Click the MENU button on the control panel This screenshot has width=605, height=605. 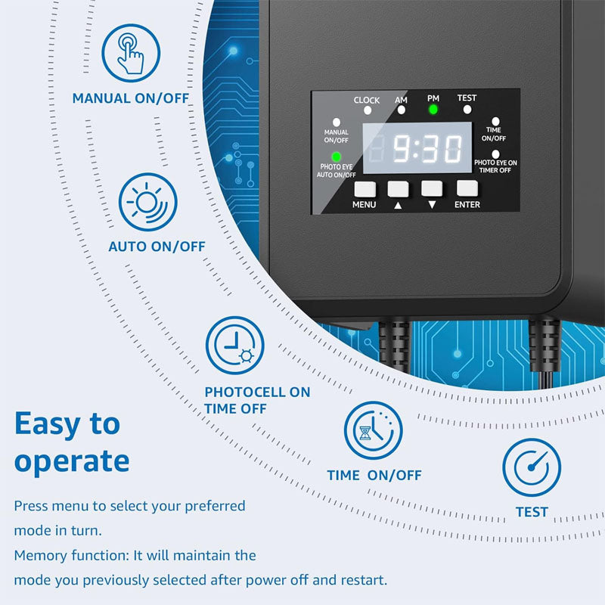[x=365, y=188]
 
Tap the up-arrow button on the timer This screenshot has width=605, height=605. [x=398, y=188]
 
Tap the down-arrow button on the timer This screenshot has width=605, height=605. [x=431, y=188]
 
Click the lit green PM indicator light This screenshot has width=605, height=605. [x=433, y=110]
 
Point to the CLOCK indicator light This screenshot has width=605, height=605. [x=367, y=110]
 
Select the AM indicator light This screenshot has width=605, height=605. [x=401, y=110]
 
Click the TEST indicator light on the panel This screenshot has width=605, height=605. [x=467, y=110]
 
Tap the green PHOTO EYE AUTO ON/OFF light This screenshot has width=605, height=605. [x=337, y=157]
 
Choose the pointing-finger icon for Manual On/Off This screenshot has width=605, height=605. [x=131, y=53]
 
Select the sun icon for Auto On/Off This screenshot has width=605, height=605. [x=147, y=202]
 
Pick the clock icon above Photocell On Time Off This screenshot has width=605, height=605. [x=235, y=345]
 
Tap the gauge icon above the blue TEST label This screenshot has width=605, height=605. [x=532, y=467]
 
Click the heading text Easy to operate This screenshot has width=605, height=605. [x=72, y=442]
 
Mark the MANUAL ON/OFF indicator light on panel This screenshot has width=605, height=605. [x=337, y=122]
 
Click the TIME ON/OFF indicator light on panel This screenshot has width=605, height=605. [x=496, y=120]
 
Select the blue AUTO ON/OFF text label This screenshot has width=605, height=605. [x=157, y=247]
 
